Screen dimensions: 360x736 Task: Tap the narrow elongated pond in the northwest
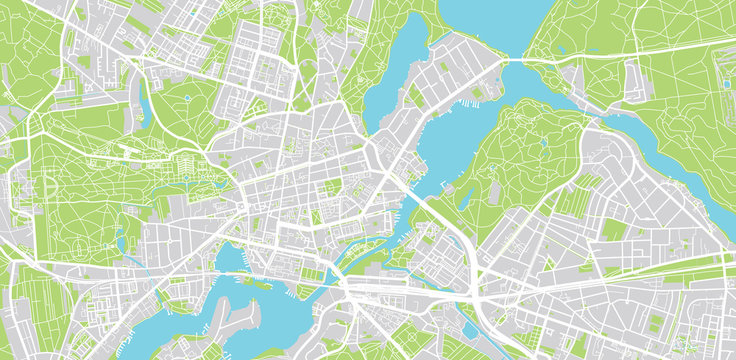click(147, 100)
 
